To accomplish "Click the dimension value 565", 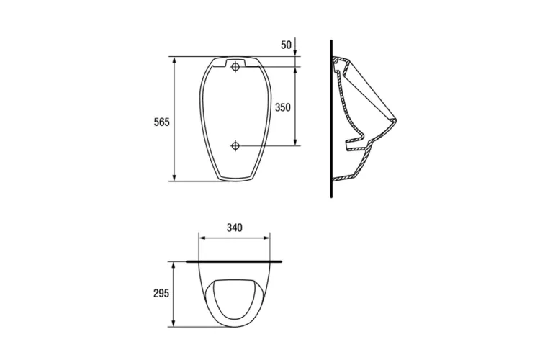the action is click(x=161, y=122).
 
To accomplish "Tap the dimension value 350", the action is click(x=283, y=107).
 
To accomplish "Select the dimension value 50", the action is click(x=286, y=45).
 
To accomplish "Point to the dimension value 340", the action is click(x=235, y=228).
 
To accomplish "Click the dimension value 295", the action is click(x=161, y=294).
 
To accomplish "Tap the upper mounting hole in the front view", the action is click(x=235, y=66).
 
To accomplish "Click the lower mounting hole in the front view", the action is click(x=235, y=145).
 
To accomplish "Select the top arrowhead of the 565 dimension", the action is click(x=175, y=60).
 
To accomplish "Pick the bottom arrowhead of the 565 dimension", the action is click(x=175, y=177).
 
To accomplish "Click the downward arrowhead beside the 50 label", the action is click(x=295, y=52).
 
